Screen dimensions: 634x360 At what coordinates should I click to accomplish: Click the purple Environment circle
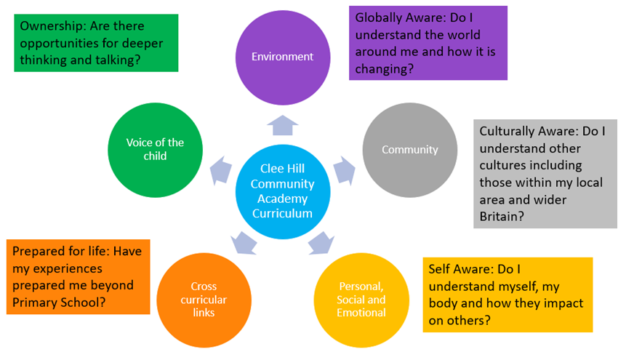pos(283,57)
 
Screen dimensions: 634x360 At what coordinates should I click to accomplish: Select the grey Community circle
pos(409,150)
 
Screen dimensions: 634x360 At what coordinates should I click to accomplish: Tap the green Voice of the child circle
pos(156,150)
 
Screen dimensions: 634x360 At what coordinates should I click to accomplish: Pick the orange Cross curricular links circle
pos(204,300)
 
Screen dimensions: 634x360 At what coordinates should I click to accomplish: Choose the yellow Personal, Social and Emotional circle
pos(361,300)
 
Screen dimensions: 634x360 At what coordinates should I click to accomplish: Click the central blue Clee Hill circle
pos(283,191)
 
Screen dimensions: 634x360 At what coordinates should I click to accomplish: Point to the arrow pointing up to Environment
pos(283,125)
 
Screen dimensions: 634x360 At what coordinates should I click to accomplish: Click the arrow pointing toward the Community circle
pos(344,170)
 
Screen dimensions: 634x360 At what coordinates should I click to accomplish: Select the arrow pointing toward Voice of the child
pos(221,170)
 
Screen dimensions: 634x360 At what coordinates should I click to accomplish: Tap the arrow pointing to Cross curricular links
pos(244,243)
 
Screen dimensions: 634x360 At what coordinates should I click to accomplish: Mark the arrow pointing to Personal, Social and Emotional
pos(321,243)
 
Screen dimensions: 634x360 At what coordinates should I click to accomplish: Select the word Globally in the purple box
pos(381,18)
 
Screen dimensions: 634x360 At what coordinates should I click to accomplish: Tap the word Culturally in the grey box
pos(508,132)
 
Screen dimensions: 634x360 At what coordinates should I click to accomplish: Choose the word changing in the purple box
pos(384,69)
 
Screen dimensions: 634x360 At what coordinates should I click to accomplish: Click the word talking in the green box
pos(118,60)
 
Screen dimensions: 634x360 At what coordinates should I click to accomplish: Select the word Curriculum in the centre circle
pos(282,214)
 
